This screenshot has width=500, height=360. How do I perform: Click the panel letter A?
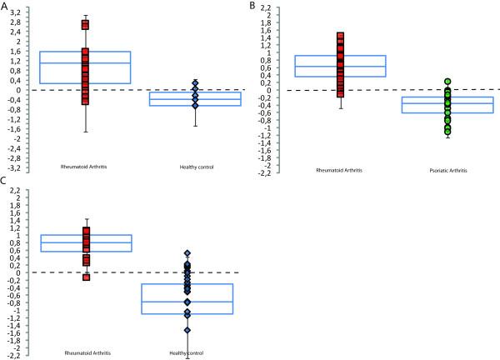(5, 6)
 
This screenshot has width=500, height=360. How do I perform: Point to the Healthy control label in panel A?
(197, 168)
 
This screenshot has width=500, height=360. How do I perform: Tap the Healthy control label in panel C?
(186, 353)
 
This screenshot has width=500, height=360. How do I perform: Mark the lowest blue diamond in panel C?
(187, 330)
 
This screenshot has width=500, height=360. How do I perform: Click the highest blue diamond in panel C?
(187, 252)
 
